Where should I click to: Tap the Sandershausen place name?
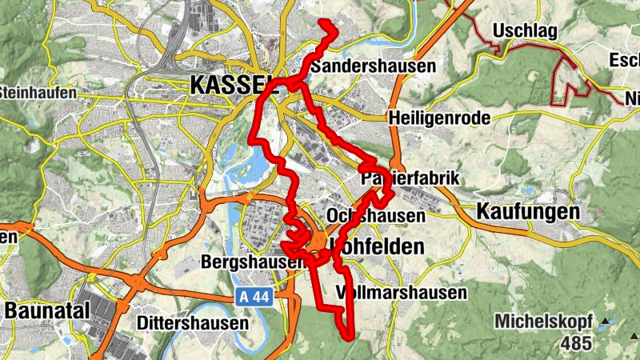coord(373,66)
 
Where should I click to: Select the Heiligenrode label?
coord(438,118)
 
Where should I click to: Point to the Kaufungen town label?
coord(527,212)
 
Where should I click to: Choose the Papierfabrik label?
coord(411,178)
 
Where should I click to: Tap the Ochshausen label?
coord(376,216)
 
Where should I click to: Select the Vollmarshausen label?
coord(402,292)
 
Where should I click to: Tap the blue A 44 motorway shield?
coord(254,297)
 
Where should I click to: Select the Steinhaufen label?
coord(38,93)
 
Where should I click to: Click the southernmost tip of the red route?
coord(350,338)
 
